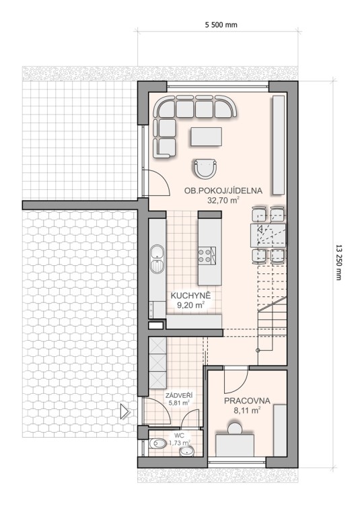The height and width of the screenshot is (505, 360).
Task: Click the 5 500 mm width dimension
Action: tap(221, 25)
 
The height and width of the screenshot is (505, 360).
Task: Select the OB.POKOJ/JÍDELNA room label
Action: tap(223, 191)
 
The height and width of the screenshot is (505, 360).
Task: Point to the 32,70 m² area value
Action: tap(223, 201)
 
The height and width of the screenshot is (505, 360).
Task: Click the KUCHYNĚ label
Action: tap(190, 296)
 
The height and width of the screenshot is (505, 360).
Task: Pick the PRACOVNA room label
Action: tap(247, 401)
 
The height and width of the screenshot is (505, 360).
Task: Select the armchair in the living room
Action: tap(205, 169)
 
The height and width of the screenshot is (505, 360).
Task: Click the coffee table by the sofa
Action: tap(206, 137)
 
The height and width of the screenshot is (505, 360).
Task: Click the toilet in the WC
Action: tap(157, 444)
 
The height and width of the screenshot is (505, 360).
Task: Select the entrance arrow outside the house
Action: tap(124, 411)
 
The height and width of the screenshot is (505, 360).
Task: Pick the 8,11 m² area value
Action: tap(247, 410)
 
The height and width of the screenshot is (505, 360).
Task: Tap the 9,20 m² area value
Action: tap(190, 304)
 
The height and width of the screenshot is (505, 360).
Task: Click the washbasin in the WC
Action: tap(186, 452)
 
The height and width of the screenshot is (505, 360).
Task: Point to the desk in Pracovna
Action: tap(235, 446)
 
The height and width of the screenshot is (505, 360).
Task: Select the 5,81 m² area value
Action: tap(179, 402)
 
